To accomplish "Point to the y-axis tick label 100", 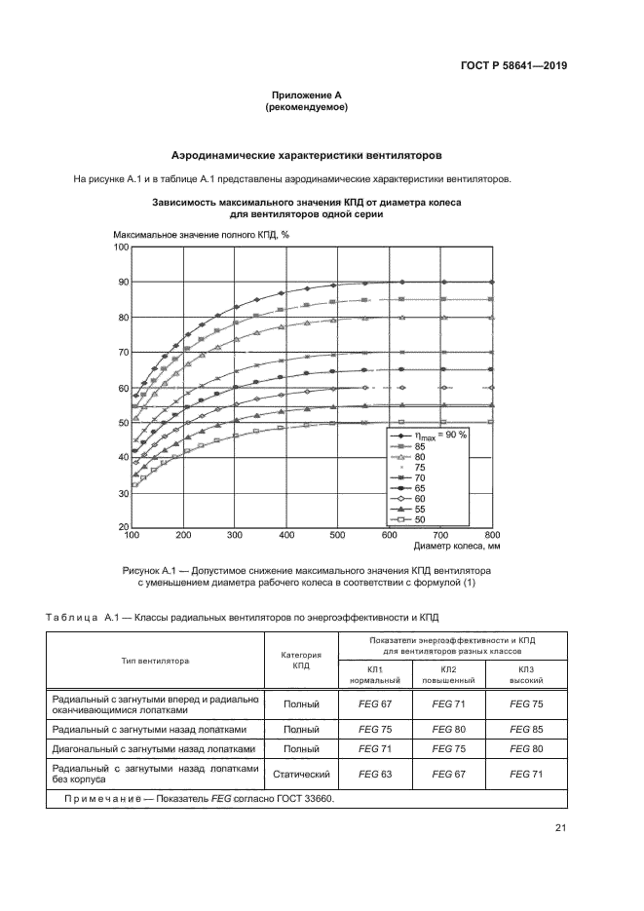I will pos(121,247).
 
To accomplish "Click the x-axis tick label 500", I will pos(337,536).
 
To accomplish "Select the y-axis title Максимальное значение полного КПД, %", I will pos(201,235).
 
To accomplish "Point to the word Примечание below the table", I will pos(101,798).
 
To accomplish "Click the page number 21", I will pos(560,828).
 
